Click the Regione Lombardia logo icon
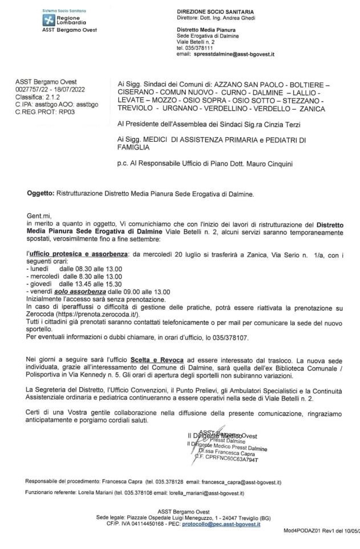click(50, 20)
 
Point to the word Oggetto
click(39, 194)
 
